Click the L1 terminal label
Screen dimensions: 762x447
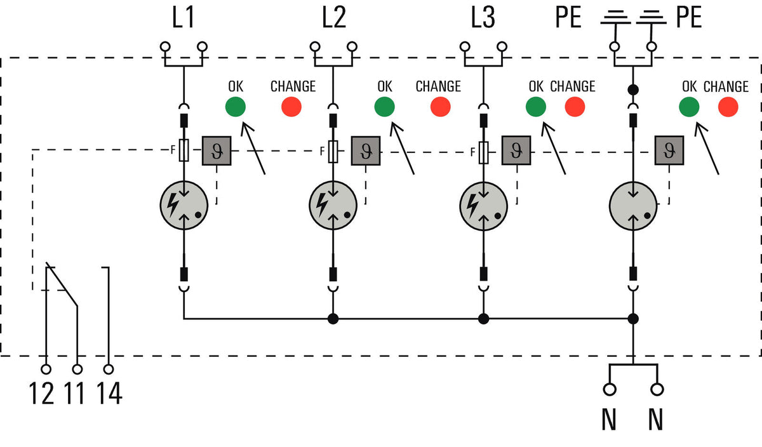(183, 17)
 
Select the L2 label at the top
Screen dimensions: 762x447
(334, 17)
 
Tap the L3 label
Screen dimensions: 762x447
(483, 17)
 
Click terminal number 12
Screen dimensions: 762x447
(41, 393)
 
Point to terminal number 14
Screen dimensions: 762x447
(109, 393)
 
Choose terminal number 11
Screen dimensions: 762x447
(74, 393)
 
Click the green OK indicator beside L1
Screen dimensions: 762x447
(236, 107)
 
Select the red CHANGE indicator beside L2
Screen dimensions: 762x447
(441, 107)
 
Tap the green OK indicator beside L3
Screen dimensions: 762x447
(536, 107)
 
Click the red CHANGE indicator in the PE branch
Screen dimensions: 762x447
(728, 107)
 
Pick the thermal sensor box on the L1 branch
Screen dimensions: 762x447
(217, 151)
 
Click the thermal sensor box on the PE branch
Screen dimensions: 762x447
(669, 150)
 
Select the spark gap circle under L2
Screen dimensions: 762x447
(333, 205)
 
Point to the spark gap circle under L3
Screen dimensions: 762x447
(483, 206)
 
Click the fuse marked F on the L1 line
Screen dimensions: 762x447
(184, 150)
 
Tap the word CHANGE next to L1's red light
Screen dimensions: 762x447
(293, 86)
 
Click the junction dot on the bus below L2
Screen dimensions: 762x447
(333, 319)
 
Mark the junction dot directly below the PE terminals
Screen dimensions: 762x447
(633, 90)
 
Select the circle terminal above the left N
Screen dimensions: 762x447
(610, 389)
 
